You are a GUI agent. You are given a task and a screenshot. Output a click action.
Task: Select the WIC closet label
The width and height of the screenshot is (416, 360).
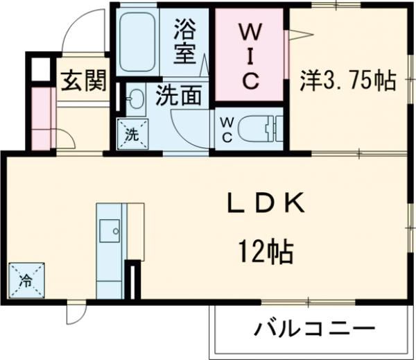(x=250, y=56)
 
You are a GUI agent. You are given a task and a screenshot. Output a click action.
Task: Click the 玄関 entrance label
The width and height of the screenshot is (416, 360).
(x=83, y=81)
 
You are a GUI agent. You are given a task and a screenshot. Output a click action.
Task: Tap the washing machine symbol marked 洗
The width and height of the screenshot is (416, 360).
(x=132, y=134)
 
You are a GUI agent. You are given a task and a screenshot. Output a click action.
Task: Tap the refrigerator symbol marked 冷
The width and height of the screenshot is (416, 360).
(x=24, y=280)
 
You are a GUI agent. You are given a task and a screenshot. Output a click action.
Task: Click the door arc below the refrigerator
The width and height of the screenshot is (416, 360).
(x=75, y=316)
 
